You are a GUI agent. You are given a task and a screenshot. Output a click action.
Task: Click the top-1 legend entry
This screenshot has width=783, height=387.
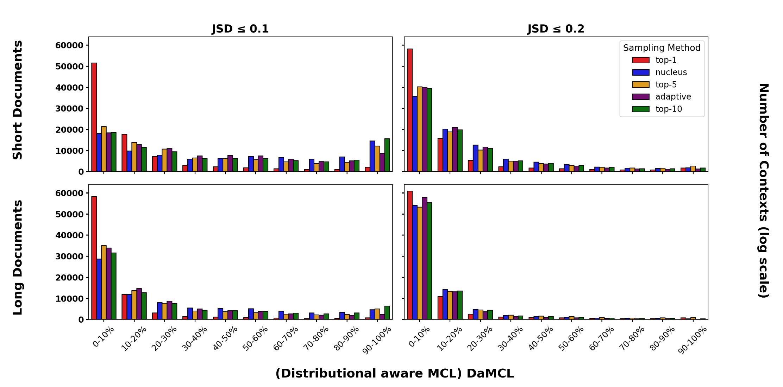click(665, 60)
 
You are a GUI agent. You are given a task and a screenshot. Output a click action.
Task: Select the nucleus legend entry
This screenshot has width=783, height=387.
click(671, 72)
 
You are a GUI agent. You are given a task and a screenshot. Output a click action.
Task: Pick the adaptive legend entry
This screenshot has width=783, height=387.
click(673, 97)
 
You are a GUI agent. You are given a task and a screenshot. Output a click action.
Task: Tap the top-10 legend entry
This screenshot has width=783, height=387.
click(668, 109)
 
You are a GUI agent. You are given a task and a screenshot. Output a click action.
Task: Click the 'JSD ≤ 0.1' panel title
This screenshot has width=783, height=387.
click(240, 29)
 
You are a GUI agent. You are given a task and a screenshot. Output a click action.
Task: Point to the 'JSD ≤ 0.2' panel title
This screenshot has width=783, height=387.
click(556, 29)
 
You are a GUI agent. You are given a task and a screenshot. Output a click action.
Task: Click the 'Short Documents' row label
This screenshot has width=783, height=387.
click(18, 100)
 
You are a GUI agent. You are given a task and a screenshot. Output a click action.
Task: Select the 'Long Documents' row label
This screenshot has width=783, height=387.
click(18, 258)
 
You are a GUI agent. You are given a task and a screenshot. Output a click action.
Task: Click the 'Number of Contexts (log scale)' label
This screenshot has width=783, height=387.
click(763, 191)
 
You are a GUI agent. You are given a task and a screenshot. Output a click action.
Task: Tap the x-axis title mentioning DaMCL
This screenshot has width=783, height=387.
click(394, 373)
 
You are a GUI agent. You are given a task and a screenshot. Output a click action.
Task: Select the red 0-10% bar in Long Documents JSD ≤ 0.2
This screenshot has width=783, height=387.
click(410, 255)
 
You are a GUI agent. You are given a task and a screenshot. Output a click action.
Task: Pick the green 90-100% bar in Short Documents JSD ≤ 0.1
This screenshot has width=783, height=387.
click(387, 155)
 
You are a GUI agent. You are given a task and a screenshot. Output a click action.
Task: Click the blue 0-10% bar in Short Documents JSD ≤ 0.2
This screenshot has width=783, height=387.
click(415, 134)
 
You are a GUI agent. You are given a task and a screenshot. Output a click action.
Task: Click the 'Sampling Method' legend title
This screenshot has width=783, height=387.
click(662, 48)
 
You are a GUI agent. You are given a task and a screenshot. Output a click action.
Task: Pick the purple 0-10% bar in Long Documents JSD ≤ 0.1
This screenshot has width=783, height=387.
click(109, 284)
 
